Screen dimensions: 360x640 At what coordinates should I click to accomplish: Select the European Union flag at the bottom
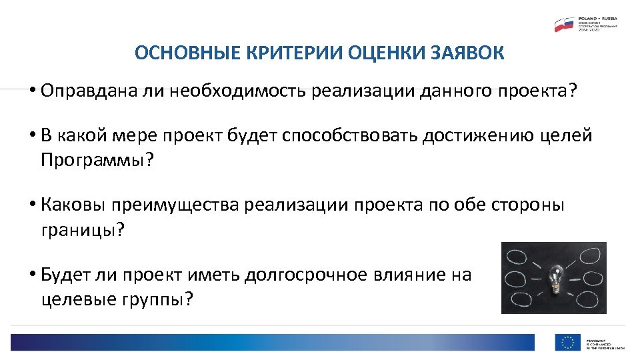567,343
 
